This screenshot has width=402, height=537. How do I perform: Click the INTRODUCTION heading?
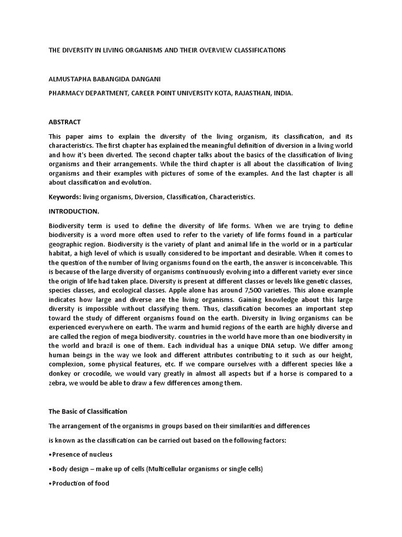pyautogui.click(x=74, y=211)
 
